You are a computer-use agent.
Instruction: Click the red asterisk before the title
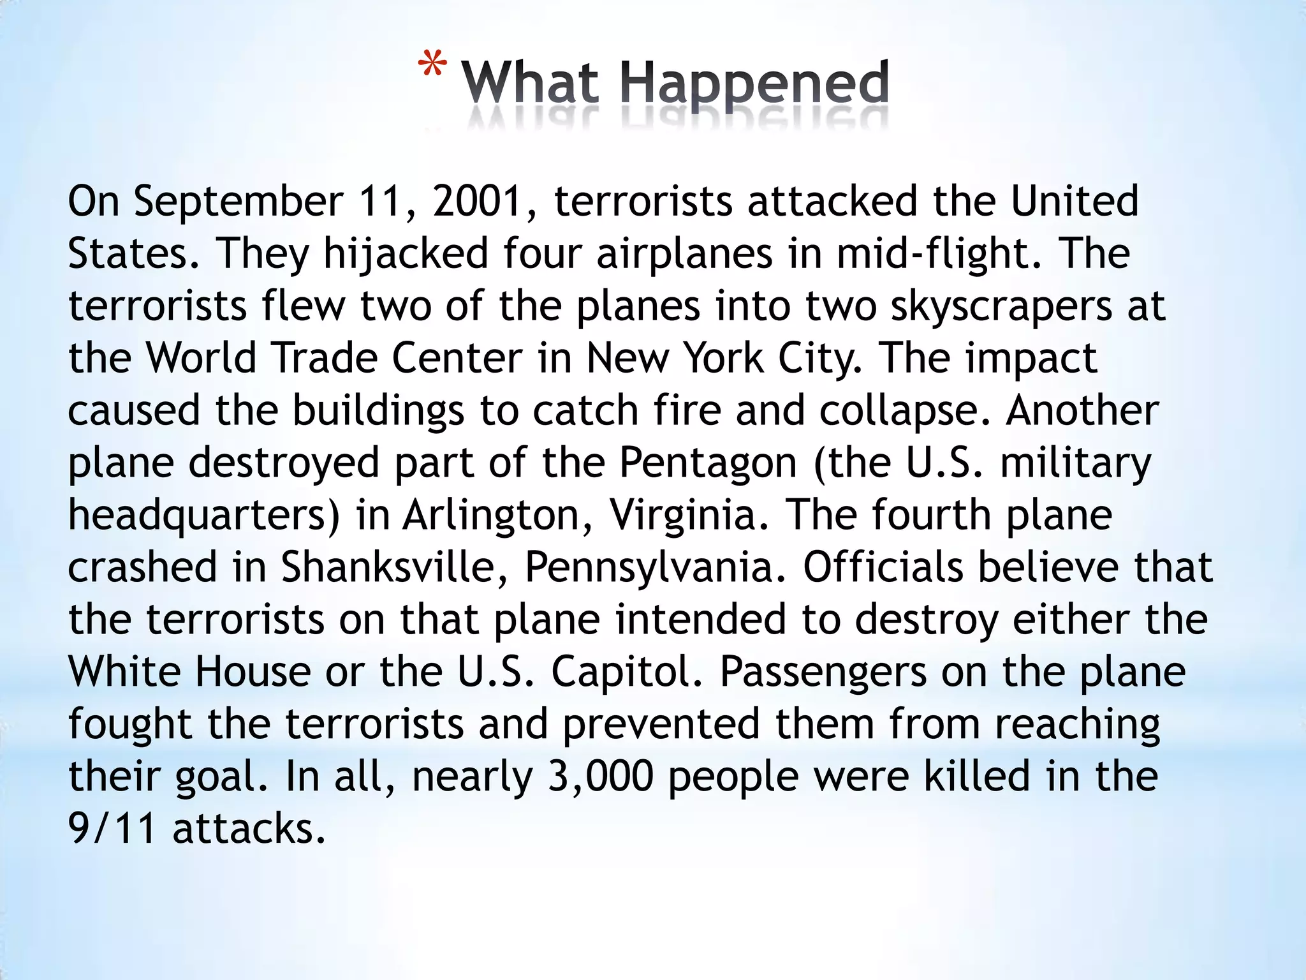pos(432,66)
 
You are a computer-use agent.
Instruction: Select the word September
pos(238,202)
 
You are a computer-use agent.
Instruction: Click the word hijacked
pos(406,254)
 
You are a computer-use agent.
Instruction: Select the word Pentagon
pos(708,463)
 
